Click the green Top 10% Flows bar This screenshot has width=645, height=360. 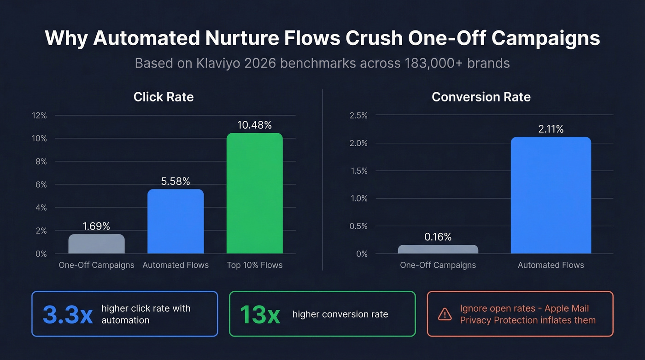click(254, 194)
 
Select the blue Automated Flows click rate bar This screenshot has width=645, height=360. click(176, 222)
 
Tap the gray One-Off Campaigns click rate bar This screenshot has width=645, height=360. click(96, 244)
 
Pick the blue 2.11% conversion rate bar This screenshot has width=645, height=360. click(551, 195)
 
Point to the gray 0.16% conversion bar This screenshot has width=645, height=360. click(438, 249)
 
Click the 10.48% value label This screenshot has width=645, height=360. click(254, 125)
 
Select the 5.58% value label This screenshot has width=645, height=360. click(176, 181)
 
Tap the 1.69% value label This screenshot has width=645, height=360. click(96, 226)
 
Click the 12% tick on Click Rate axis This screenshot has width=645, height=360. click(39, 115)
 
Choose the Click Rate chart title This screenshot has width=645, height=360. click(163, 97)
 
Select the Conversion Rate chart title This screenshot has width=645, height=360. click(481, 97)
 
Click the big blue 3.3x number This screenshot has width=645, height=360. click(68, 314)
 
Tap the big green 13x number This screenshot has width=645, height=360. click(259, 314)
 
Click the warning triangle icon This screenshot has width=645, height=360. click(445, 314)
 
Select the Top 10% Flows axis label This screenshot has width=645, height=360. click(254, 265)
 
